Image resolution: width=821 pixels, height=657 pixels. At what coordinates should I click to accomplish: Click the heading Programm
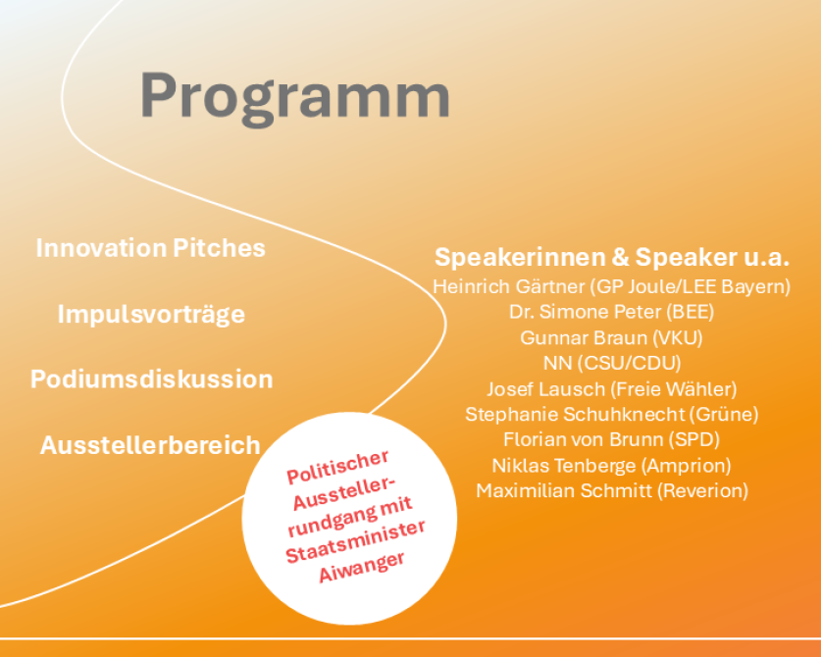(x=295, y=98)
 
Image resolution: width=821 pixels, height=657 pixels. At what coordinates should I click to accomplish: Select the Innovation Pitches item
(x=151, y=248)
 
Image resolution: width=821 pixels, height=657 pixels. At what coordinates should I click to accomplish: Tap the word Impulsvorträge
(x=151, y=314)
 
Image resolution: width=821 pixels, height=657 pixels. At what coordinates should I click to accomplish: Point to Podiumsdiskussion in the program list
(x=152, y=379)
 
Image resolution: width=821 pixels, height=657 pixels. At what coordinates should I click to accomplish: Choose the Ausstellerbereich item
(x=150, y=445)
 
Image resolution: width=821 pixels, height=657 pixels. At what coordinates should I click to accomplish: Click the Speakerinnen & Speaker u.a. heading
(x=611, y=257)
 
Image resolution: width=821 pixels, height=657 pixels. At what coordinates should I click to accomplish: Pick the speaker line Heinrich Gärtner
(x=508, y=287)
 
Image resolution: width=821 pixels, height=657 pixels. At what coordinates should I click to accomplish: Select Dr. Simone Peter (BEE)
(x=611, y=312)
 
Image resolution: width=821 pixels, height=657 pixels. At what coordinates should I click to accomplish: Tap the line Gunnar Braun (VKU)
(x=611, y=337)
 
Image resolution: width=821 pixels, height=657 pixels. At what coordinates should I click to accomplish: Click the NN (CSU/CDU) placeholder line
(x=612, y=363)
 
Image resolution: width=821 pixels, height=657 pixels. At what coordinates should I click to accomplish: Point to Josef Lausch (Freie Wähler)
(x=611, y=389)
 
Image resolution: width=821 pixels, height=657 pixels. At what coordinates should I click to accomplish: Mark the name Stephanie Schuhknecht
(x=575, y=414)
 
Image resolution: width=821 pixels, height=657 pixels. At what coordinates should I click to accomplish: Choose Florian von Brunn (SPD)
(x=611, y=439)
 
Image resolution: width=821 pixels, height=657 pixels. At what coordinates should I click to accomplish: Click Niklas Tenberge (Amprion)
(x=611, y=466)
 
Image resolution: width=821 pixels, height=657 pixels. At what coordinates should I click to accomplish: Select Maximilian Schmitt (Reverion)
(x=612, y=491)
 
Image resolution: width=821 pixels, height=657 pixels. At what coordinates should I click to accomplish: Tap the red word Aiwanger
(x=362, y=567)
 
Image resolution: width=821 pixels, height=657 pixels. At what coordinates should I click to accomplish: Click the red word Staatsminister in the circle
(x=355, y=542)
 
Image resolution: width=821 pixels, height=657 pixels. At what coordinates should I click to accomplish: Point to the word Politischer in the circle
(x=337, y=468)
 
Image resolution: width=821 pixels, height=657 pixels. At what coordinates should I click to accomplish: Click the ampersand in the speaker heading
(x=620, y=257)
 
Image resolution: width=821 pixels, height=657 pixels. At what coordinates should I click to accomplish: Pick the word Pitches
(x=219, y=248)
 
